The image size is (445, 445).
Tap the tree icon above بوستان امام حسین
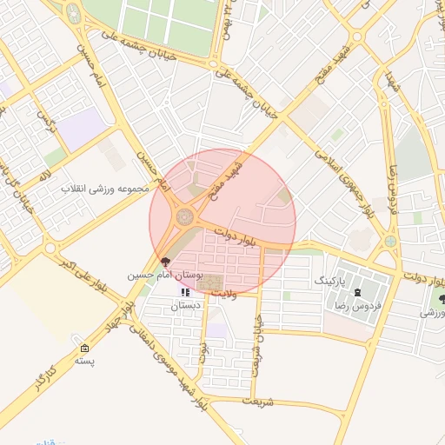(166, 262)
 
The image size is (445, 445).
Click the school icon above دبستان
(184, 292)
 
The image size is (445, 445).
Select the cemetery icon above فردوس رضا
(358, 293)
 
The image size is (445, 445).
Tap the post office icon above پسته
(84, 347)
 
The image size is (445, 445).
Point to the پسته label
(84, 360)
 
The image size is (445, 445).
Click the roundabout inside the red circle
(186, 216)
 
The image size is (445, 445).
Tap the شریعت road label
(258, 402)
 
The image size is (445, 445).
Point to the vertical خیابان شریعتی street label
(257, 343)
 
